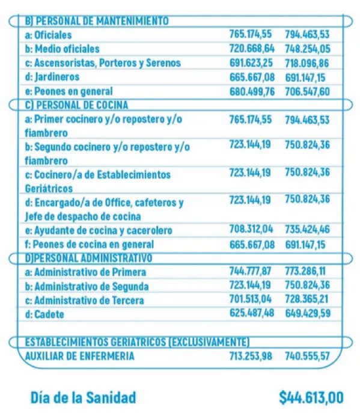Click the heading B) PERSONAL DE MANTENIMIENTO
[x=97, y=21]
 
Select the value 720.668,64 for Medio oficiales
[x=252, y=49]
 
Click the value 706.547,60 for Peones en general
[x=307, y=91]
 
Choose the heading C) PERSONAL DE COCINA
[x=76, y=105]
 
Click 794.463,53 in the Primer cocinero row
[x=307, y=120]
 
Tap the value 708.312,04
[x=251, y=229]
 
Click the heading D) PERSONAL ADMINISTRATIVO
[x=88, y=258]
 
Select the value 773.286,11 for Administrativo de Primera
[x=305, y=271]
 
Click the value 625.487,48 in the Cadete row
[x=252, y=313]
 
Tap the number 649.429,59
[x=308, y=313]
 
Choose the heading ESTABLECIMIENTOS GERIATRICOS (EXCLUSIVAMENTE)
[x=137, y=342]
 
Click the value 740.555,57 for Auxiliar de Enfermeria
[x=307, y=356]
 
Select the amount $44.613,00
[x=311, y=397]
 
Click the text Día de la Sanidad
[x=83, y=397]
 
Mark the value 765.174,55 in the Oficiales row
[x=251, y=34]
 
